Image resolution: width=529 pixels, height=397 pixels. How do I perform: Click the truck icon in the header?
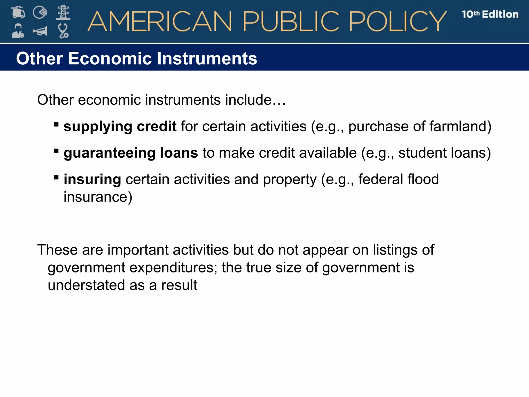click(18, 12)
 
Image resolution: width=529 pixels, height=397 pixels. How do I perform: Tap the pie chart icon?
click(40, 12)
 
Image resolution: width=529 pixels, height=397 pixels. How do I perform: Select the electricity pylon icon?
click(63, 12)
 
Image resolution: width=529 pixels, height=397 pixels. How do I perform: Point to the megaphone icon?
click(40, 31)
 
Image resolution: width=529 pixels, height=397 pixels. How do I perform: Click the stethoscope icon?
click(63, 31)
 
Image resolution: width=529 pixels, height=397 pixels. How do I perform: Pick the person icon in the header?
click(18, 31)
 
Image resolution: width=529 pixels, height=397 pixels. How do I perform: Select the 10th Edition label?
click(490, 14)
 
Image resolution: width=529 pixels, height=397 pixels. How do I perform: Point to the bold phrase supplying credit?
click(120, 126)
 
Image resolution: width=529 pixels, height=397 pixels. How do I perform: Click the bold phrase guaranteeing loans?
click(131, 153)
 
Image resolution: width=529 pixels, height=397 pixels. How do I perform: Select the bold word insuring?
click(92, 179)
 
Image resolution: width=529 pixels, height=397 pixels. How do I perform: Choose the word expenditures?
click(173, 268)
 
